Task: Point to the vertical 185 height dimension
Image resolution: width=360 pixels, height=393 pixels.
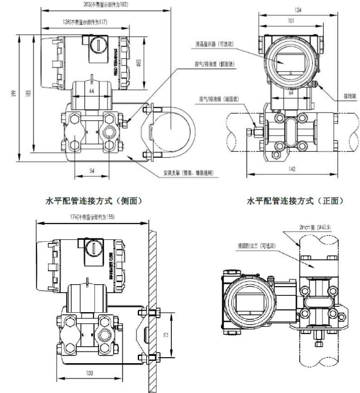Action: (x=27, y=94)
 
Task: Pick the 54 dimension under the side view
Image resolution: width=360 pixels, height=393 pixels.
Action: (x=92, y=171)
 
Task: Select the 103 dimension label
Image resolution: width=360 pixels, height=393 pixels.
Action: (x=91, y=372)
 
